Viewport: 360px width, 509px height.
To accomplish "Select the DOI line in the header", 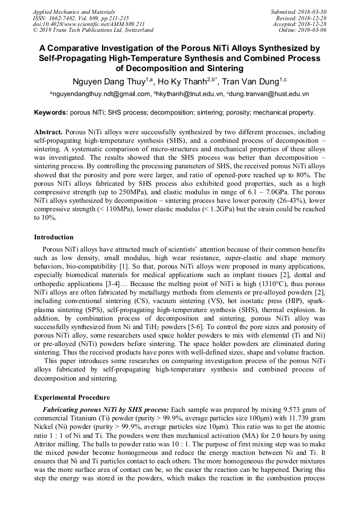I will coord(89,24).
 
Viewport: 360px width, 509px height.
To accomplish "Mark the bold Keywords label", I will coord(50,113).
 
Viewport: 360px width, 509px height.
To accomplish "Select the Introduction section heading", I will coord(54,237).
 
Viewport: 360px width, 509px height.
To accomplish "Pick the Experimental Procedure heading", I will coord(72,397).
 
